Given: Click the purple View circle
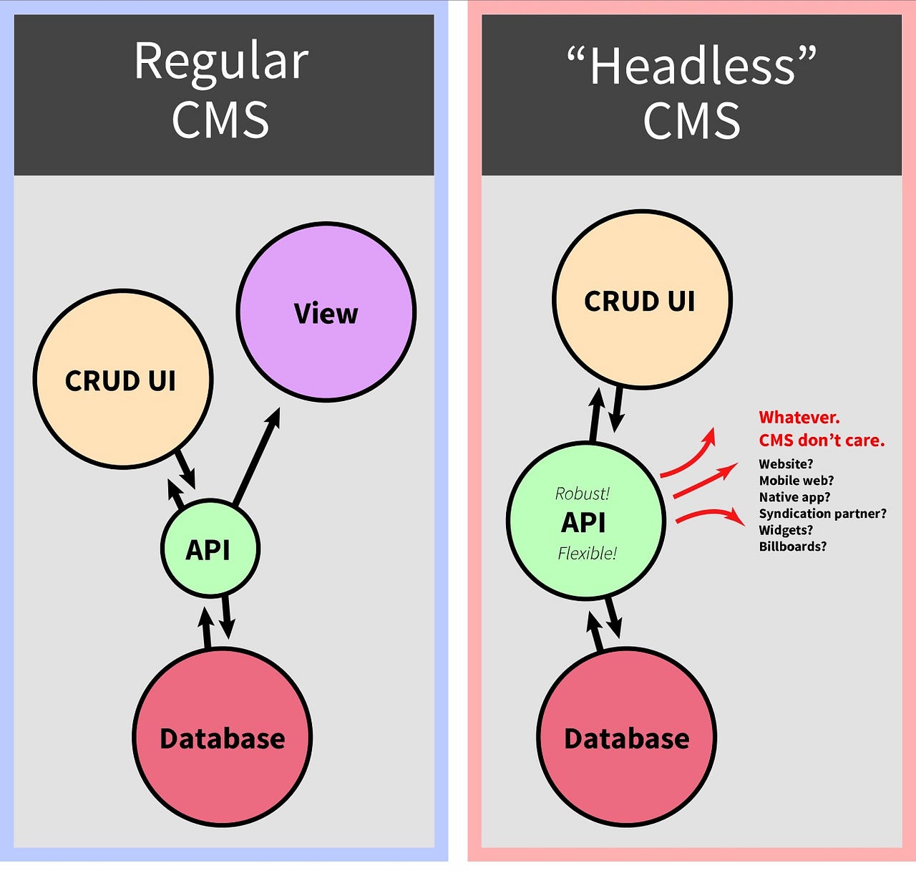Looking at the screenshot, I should [326, 312].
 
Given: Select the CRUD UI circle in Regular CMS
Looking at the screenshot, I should [122, 380].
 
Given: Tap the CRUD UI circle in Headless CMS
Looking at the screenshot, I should [641, 300].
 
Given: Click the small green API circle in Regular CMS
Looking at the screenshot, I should [209, 549].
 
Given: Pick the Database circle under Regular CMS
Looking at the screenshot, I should [223, 738].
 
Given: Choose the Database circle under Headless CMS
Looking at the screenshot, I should [626, 738].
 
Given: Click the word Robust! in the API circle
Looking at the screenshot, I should [583, 494].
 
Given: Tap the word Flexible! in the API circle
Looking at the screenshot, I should [587, 553].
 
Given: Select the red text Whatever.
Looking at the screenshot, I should [799, 418].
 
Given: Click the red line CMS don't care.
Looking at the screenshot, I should [822, 441].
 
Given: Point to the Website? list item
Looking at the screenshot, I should [786, 464].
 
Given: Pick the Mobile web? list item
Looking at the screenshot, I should [796, 481].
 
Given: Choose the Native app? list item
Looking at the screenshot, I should [794, 497].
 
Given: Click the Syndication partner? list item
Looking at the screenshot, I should [822, 514].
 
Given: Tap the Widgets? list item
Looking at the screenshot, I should [786, 530].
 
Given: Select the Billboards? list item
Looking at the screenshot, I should [792, 547].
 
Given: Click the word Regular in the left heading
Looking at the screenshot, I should [221, 62].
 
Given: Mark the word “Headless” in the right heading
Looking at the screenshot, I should [691, 66].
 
